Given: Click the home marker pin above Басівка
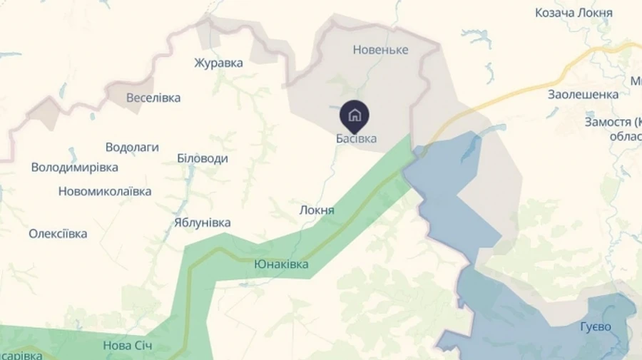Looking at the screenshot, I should click(355, 115).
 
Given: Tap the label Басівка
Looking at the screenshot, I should click(356, 138).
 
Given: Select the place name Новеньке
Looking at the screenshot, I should click(380, 50).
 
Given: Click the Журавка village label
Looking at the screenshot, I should click(218, 63).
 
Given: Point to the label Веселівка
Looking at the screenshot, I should click(153, 98).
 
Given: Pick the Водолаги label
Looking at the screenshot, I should click(132, 148).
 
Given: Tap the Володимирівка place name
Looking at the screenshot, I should click(75, 168).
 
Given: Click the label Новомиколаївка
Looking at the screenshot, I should click(105, 192).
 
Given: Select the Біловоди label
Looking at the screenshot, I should click(203, 158).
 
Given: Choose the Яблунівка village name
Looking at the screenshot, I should click(202, 222).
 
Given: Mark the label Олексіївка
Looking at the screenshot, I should click(58, 234).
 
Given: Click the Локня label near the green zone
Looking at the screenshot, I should click(317, 211).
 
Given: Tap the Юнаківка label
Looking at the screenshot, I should click(281, 264).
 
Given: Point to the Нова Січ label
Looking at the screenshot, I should click(128, 346).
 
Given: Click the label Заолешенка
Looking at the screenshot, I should click(583, 94).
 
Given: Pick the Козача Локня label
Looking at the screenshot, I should click(574, 13).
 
